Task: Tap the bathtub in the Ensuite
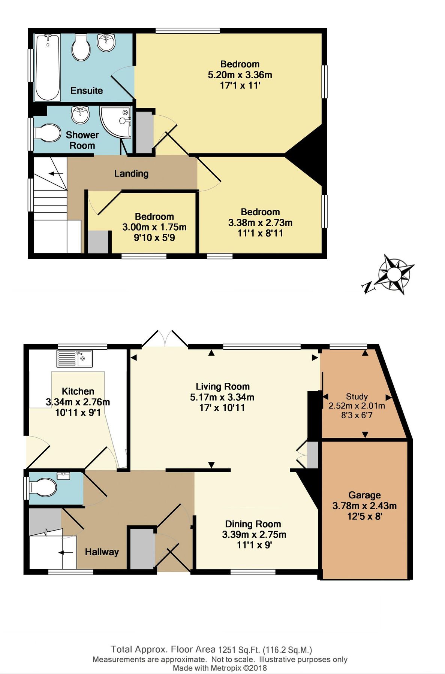pyautogui.click(x=48, y=67)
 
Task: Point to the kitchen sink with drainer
pyautogui.click(x=75, y=359)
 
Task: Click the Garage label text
pyautogui.click(x=364, y=495)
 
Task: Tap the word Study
pyautogui.click(x=357, y=397)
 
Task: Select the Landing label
pyautogui.click(x=131, y=173)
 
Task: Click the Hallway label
pyautogui.click(x=102, y=552)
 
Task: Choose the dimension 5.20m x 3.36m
pyautogui.click(x=240, y=75)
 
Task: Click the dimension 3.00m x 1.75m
pyautogui.click(x=154, y=227)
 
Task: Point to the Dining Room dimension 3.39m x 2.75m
pyautogui.click(x=254, y=534)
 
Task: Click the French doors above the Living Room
pyautogui.click(x=165, y=339)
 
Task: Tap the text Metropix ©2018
pyautogui.click(x=238, y=668)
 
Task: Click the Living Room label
pyautogui.click(x=222, y=386)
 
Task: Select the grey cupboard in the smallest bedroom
pyautogui.click(x=98, y=242)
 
